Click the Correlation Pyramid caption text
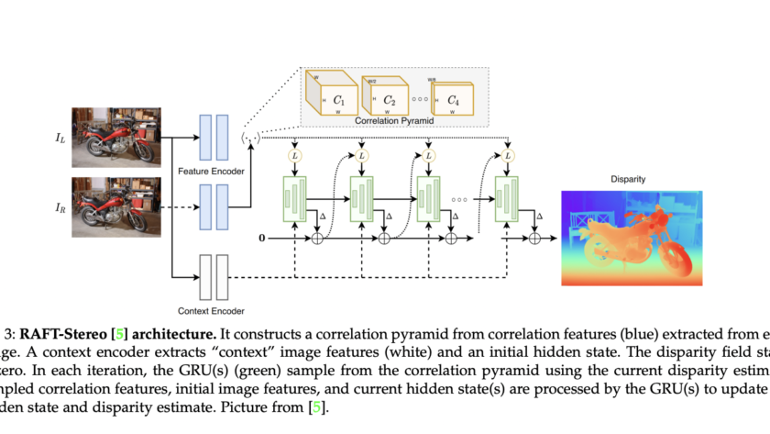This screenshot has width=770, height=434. click(x=395, y=120)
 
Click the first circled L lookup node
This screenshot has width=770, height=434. click(x=294, y=155)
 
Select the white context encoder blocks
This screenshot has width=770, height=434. click(x=214, y=277)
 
